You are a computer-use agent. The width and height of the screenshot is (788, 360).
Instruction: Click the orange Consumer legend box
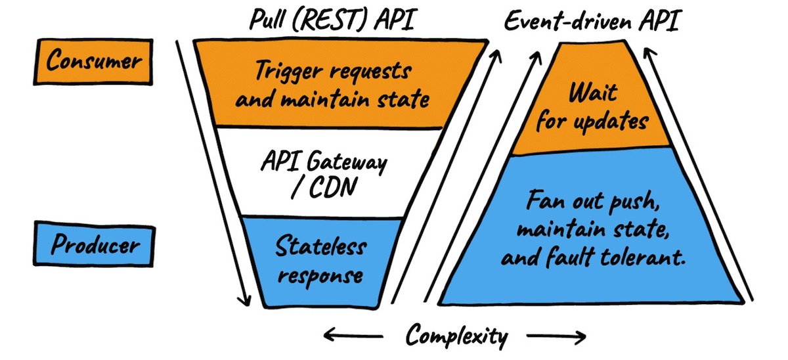pos(93,62)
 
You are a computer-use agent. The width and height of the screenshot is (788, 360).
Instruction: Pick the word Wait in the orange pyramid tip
pos(593,92)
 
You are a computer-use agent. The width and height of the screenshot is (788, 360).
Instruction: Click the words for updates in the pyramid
pos(593,122)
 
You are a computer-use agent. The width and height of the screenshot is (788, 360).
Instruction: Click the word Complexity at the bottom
pos(456,336)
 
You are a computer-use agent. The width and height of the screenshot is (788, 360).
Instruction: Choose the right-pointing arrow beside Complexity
pos(558,338)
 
